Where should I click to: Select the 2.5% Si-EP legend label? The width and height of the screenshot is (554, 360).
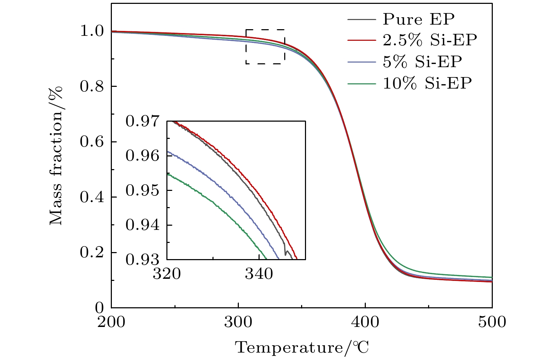[430, 40]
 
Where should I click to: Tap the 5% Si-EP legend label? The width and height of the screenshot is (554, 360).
[422, 62]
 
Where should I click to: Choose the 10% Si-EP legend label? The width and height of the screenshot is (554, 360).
[427, 83]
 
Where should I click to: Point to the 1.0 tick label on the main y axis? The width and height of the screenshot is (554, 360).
[92, 31]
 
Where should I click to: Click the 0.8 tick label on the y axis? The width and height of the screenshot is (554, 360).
[92, 86]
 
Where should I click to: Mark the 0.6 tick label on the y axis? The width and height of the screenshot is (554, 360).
[92, 142]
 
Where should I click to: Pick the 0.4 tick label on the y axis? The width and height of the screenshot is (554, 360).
[92, 197]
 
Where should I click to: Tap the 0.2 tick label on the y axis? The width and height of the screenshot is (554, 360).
[92, 252]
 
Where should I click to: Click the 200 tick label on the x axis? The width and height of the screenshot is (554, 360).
[111, 322]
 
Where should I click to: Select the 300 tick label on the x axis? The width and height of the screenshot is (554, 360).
[238, 322]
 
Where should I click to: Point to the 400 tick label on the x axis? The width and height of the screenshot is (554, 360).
[365, 322]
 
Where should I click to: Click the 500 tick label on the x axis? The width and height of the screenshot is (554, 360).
[492, 322]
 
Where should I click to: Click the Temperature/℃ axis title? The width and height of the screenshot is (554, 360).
[302, 348]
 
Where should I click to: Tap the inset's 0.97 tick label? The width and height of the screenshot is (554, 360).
[142, 122]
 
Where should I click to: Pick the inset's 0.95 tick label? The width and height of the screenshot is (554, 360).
[142, 191]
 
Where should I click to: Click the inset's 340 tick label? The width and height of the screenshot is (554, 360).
[259, 274]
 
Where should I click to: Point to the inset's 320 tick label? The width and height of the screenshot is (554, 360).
[167, 274]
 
